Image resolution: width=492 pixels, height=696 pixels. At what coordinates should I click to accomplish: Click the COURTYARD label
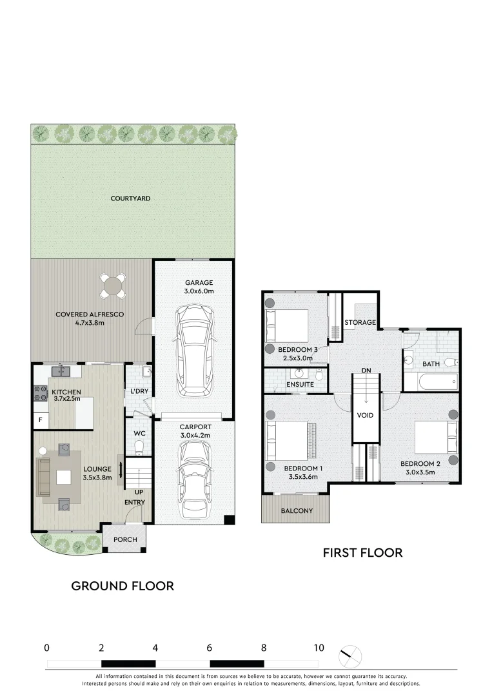[130, 198]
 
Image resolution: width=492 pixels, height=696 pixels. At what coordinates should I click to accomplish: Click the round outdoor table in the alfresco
[113, 285]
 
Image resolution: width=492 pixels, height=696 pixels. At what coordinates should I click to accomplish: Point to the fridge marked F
[40, 420]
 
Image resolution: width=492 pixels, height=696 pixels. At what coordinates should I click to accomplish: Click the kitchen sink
[63, 371]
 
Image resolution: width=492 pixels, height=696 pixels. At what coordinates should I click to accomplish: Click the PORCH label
[125, 539]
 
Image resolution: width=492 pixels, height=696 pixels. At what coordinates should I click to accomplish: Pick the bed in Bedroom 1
[288, 441]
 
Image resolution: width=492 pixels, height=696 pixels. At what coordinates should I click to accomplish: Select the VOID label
[365, 416]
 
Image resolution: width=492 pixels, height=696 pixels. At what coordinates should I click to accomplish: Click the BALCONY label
[297, 511]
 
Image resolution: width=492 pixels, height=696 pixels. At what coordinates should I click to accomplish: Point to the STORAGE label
[360, 322]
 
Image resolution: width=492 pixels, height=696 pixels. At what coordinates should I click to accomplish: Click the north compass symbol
[350, 657]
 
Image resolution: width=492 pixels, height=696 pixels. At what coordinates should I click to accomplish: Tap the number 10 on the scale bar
[319, 648]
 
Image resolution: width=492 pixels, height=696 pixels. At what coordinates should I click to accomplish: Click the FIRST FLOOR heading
[362, 552]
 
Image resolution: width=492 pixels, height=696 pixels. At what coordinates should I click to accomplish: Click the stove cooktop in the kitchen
[36, 392]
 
